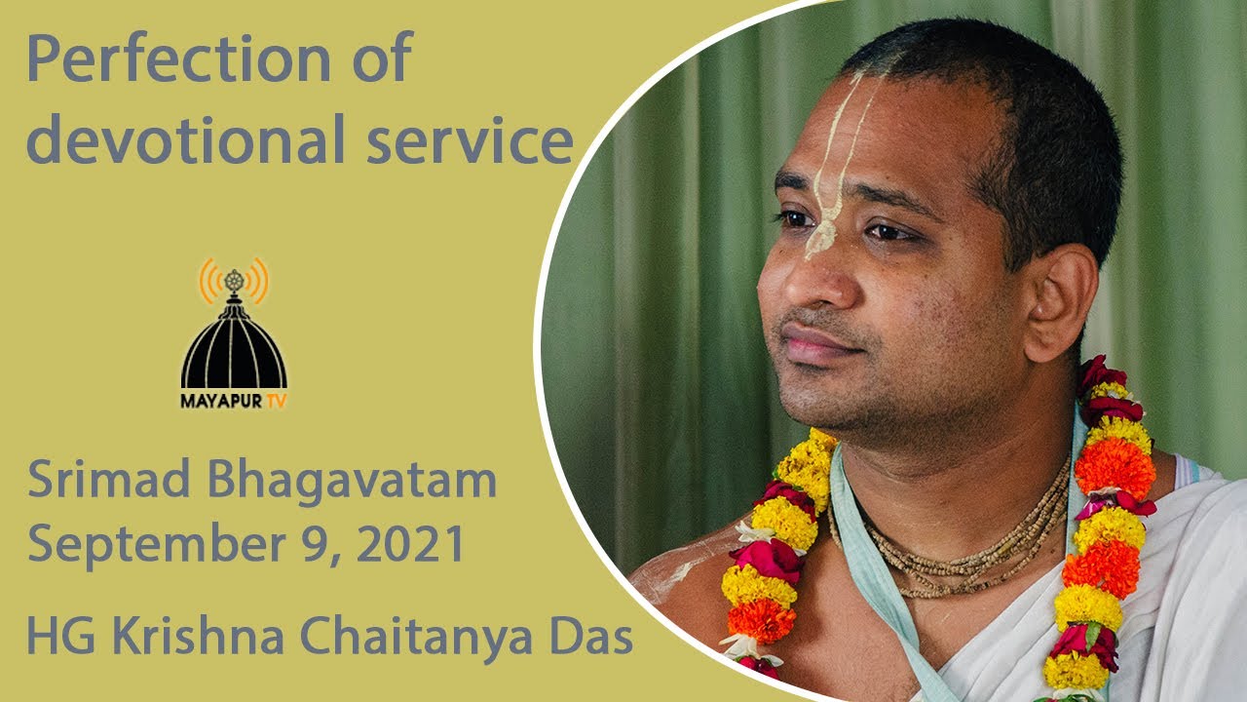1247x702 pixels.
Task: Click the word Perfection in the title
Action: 178,58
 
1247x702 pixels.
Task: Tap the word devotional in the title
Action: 186,139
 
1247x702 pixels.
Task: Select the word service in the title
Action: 471,143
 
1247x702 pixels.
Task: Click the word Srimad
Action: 109,480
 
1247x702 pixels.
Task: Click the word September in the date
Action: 157,544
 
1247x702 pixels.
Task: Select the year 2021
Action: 410,542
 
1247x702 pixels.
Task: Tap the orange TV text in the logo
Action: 276,401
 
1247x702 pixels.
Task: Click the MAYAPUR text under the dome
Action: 221,401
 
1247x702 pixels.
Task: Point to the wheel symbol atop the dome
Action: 234,280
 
